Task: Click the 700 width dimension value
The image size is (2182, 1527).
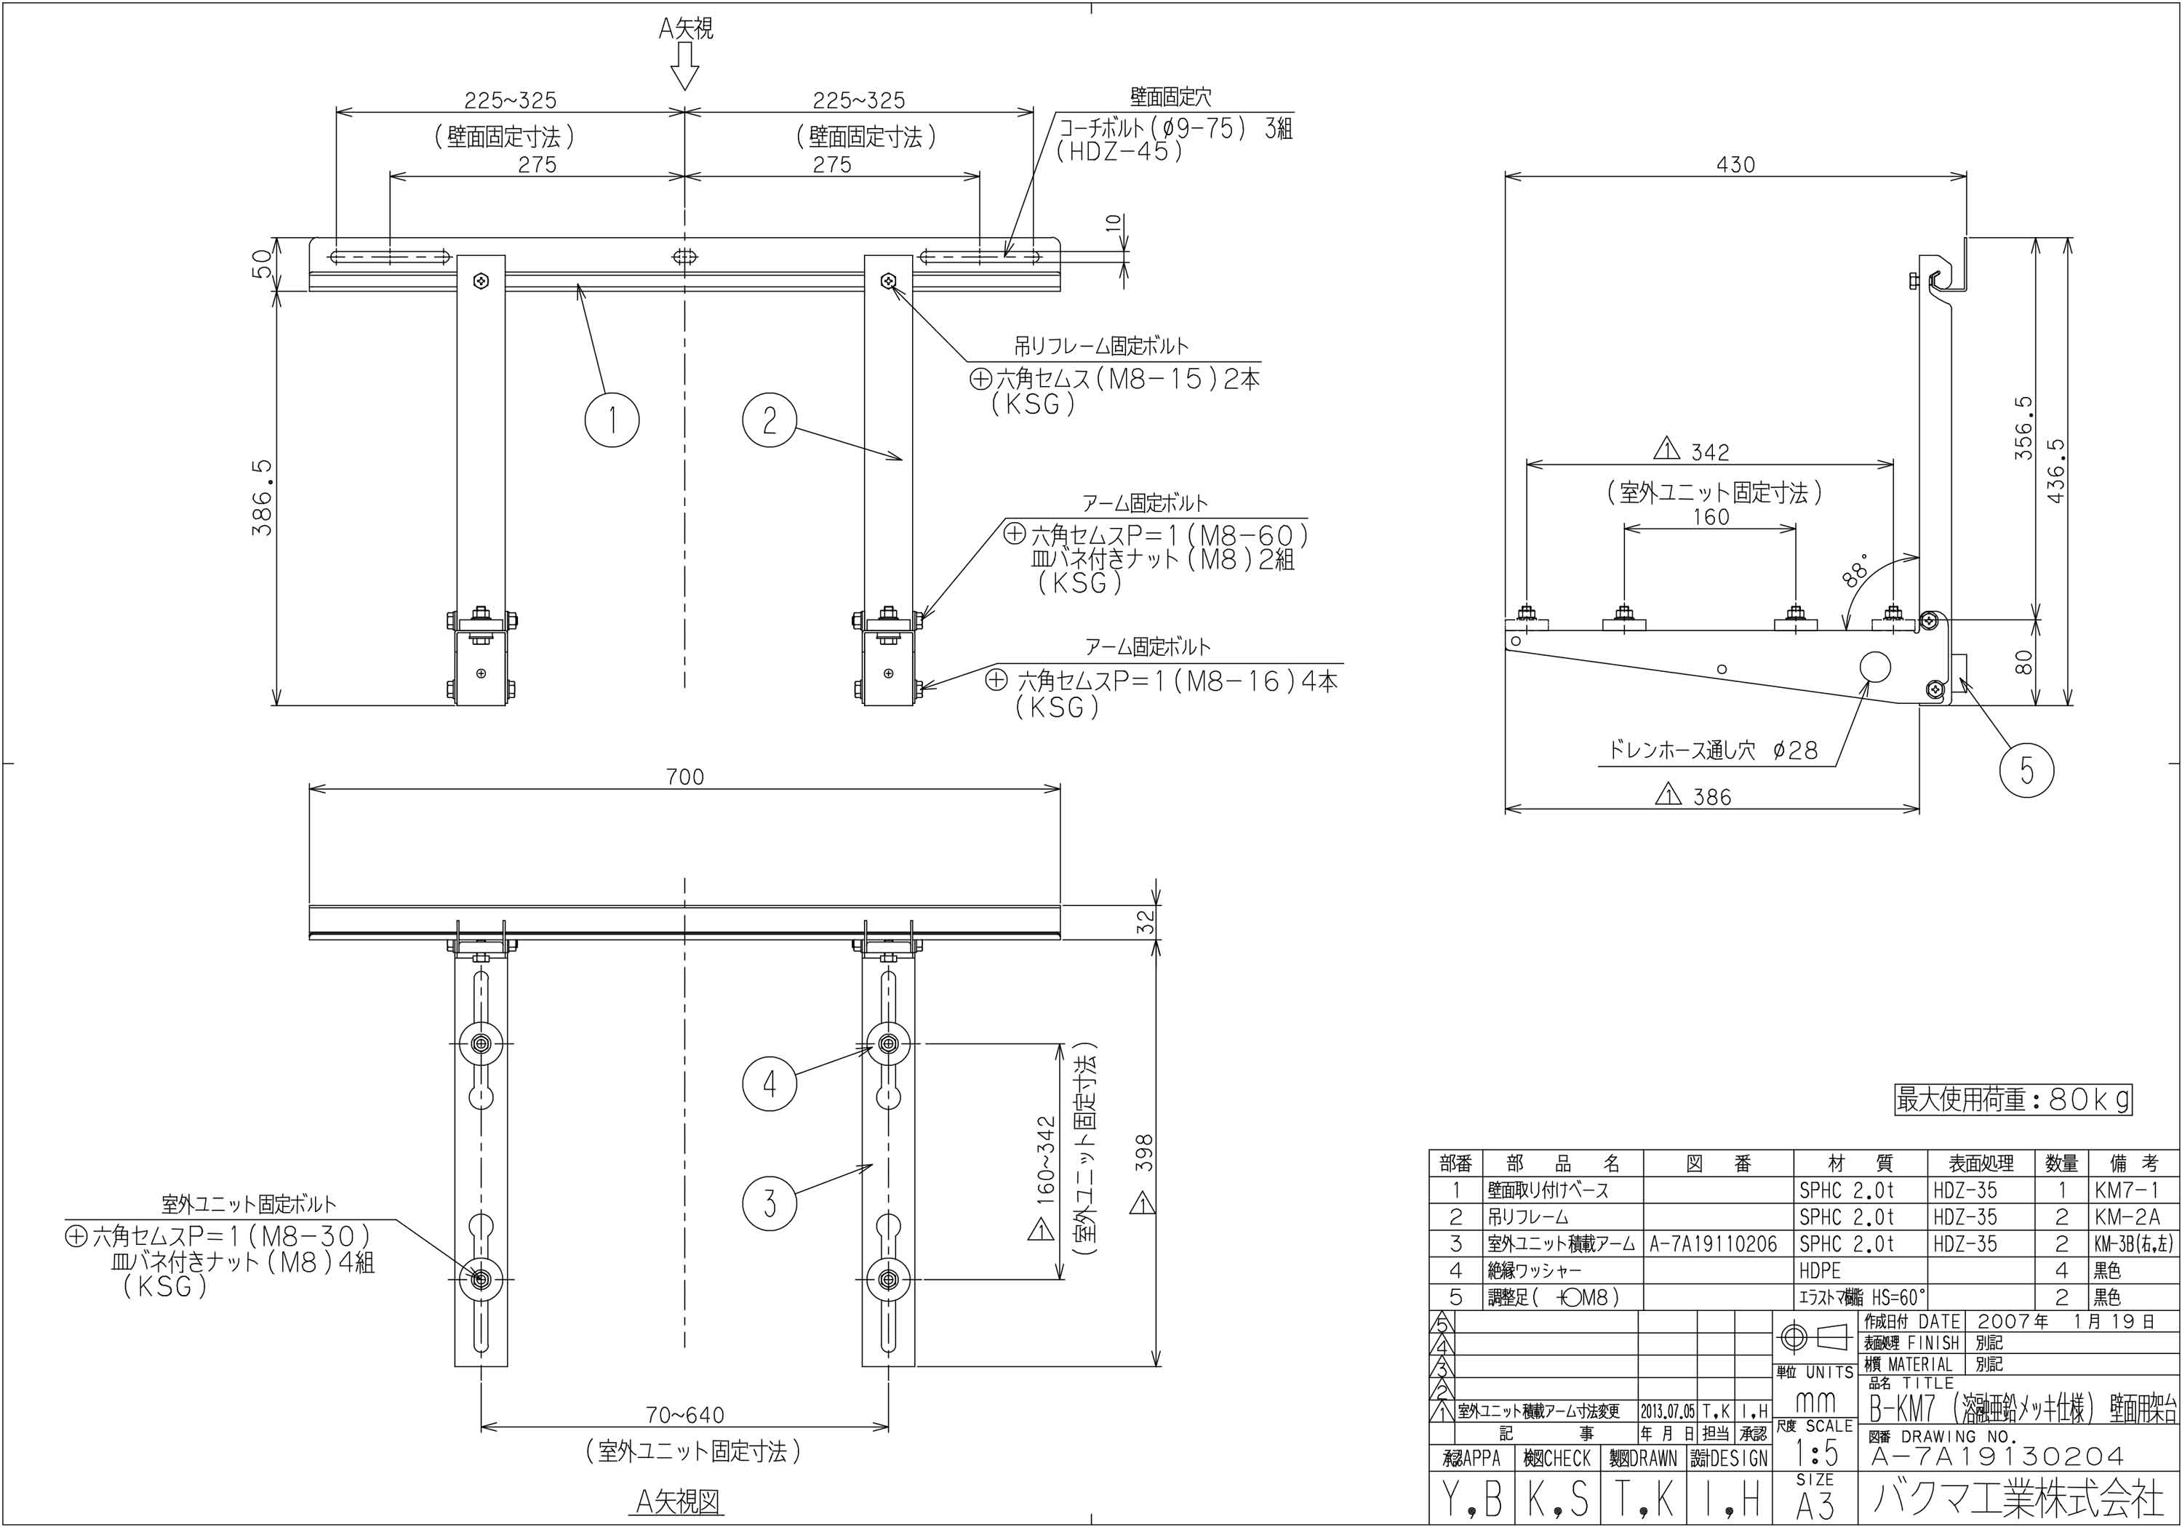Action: (x=684, y=777)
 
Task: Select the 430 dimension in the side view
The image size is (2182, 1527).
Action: (x=1735, y=164)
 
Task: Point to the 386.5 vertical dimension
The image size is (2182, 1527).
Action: (x=263, y=497)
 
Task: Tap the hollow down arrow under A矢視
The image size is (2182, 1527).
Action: (x=684, y=66)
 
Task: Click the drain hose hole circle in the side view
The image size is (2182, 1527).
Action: (x=1875, y=667)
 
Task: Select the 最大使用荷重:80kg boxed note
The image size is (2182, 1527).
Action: (x=2013, y=1099)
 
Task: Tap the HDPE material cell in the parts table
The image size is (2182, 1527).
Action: (x=1820, y=1270)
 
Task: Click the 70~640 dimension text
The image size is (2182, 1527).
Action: (x=684, y=1415)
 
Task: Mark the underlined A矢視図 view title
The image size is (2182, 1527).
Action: (x=678, y=1502)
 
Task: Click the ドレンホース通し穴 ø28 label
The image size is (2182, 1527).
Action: (x=1713, y=750)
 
